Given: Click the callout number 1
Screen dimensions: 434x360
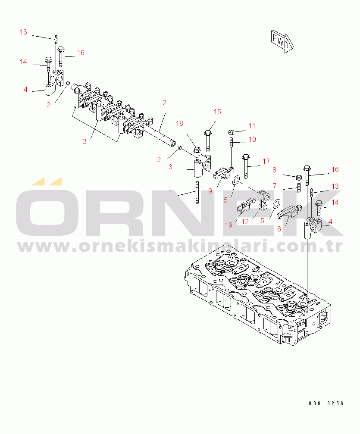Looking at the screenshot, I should click(170, 192).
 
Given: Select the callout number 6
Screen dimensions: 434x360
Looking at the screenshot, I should click(279, 229).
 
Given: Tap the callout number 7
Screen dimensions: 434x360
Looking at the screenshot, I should click(274, 185).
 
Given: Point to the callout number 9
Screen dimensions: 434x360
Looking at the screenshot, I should click(210, 191).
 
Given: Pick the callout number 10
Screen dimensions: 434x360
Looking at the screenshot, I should click(252, 139).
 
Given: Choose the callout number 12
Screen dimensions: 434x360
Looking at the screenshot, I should click(245, 222).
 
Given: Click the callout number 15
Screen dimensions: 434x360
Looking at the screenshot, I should click(217, 112).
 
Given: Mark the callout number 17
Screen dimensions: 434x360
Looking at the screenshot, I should click(266, 161).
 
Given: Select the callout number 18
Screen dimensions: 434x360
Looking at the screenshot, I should click(179, 123).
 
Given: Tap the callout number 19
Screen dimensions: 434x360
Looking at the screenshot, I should click(229, 225).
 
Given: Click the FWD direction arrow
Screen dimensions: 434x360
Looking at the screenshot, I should click(282, 41).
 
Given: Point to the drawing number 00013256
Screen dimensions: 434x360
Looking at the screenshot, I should click(326, 403).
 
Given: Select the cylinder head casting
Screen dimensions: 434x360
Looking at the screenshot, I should click(259, 297).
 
